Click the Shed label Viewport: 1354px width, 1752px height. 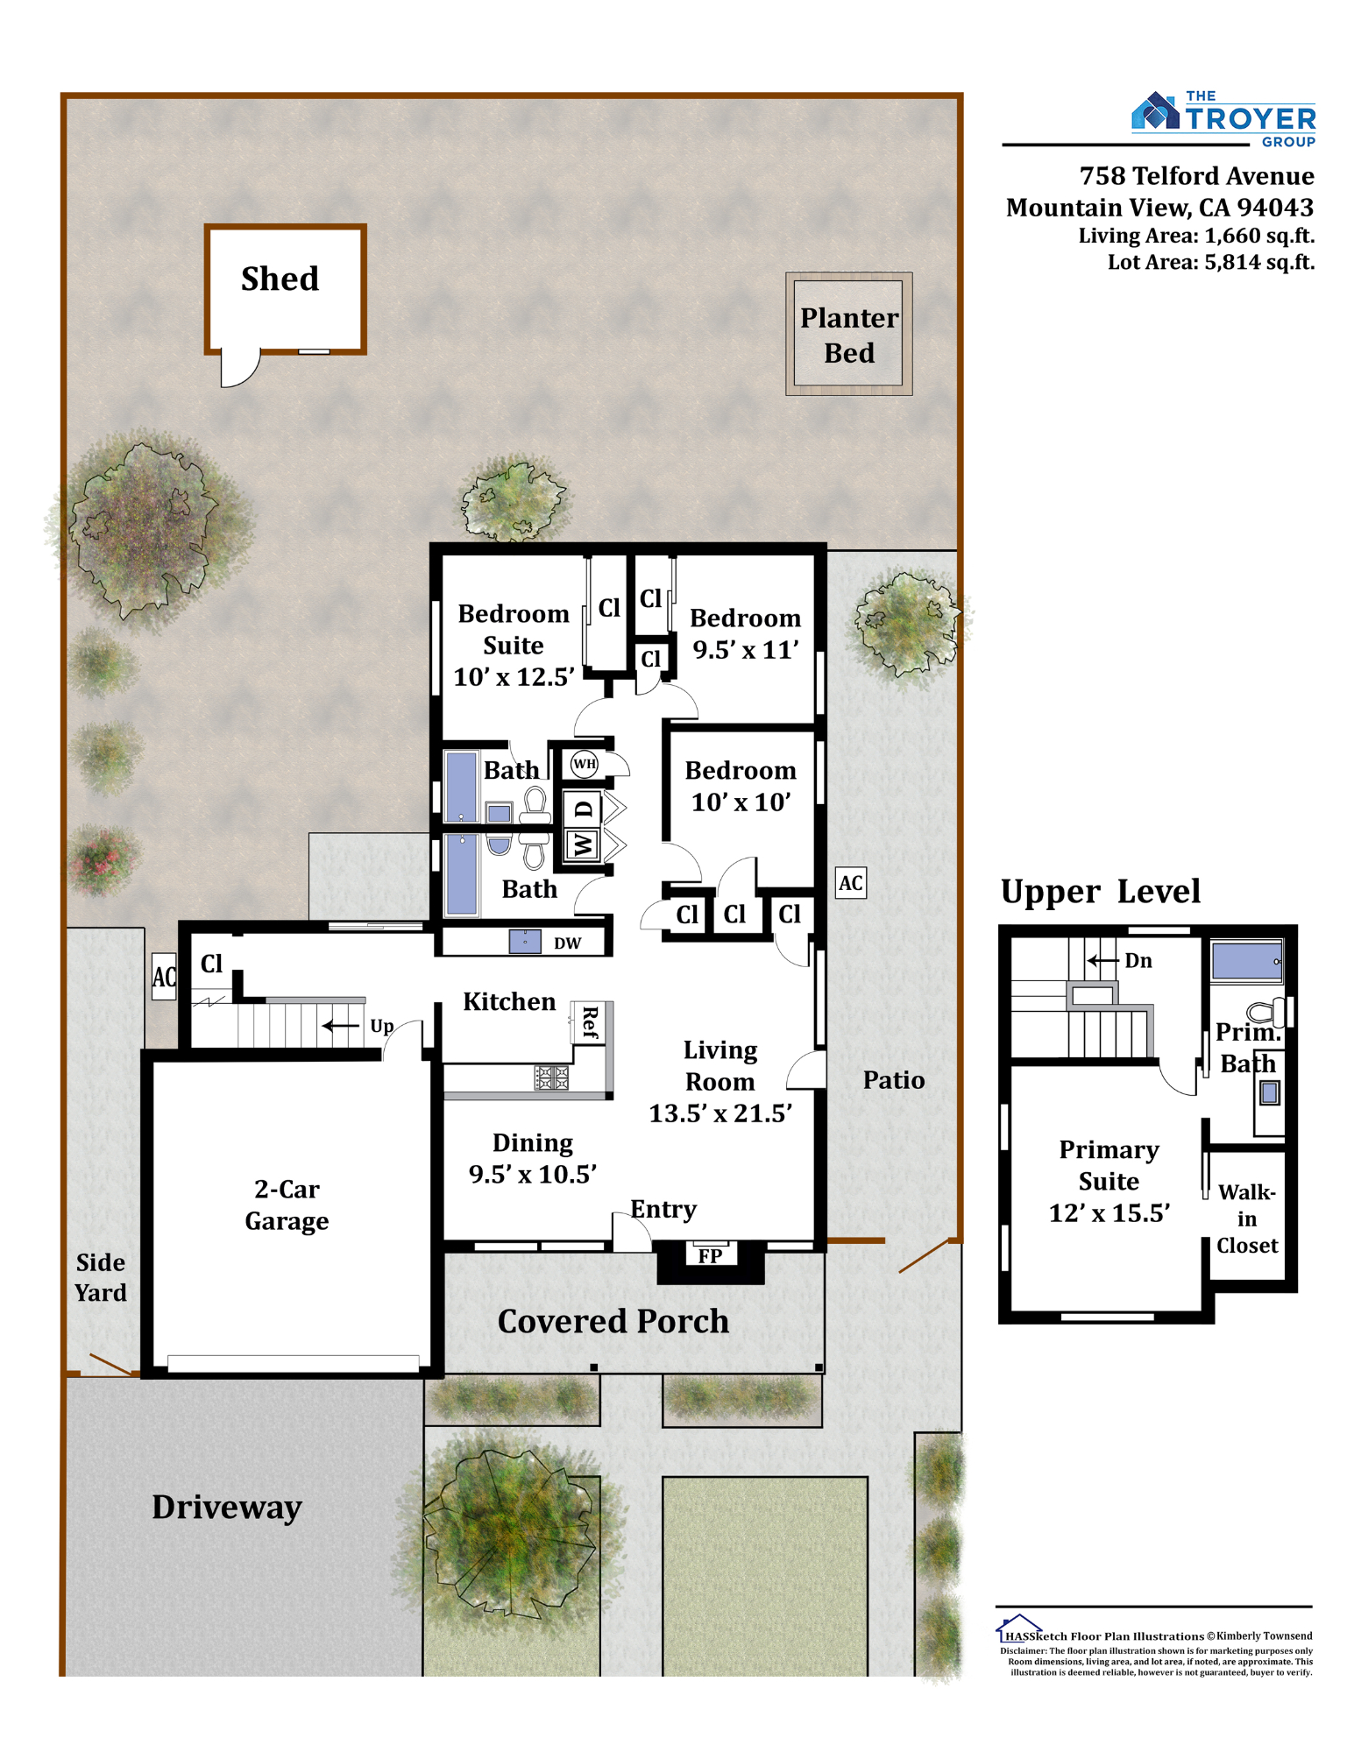click(x=280, y=279)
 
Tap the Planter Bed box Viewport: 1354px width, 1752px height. click(x=848, y=333)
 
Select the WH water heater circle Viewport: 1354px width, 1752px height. click(x=585, y=764)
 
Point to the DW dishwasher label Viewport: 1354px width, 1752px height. click(x=567, y=943)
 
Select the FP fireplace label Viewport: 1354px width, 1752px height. click(x=710, y=1256)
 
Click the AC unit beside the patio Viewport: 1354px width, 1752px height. click(x=851, y=882)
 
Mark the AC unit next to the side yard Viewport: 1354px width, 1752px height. click(x=164, y=977)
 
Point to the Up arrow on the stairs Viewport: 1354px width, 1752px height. click(x=341, y=1026)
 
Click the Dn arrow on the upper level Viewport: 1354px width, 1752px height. click(x=1103, y=961)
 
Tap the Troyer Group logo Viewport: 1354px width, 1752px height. click(x=1223, y=119)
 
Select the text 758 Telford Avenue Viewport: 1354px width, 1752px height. click(x=1196, y=176)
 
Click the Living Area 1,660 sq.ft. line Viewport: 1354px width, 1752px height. click(x=1196, y=236)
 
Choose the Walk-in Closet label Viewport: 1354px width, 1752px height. click(x=1246, y=1219)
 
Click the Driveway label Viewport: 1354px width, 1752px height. click(x=227, y=1507)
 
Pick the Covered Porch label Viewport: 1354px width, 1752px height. click(x=613, y=1321)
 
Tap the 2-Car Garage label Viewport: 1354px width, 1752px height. click(x=287, y=1204)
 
